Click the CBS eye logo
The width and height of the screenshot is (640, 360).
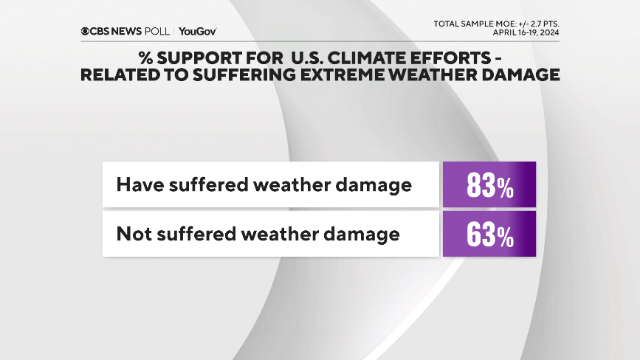[x=86, y=31]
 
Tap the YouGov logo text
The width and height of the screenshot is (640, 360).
[x=198, y=31]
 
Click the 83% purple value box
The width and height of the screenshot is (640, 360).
[x=489, y=184]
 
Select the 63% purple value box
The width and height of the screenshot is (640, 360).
[x=489, y=235]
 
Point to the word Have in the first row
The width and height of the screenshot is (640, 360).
[x=140, y=184]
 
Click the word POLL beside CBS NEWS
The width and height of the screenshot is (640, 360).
[x=157, y=31]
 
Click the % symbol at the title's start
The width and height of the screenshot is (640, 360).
[x=145, y=58]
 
